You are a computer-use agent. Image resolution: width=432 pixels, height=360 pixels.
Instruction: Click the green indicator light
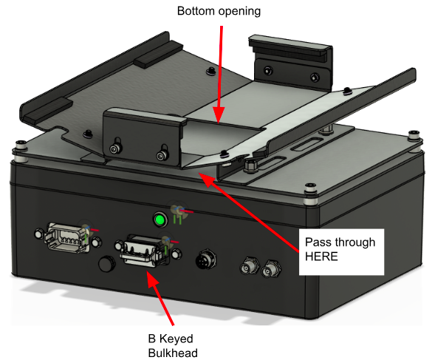coord(160,220)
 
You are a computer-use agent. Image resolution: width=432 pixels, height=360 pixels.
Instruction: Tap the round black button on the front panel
coord(107,263)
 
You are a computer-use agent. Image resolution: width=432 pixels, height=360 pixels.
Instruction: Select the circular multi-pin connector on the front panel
coord(205,260)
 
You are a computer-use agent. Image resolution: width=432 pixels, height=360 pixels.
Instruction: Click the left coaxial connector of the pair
coord(250,267)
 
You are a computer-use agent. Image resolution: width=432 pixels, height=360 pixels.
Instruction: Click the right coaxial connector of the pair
coord(270,269)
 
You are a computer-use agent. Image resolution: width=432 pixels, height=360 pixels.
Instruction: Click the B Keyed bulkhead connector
coord(148,251)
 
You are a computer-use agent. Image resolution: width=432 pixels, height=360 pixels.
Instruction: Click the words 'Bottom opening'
coord(219,12)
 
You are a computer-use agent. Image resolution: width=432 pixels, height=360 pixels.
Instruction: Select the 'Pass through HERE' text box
coord(341,252)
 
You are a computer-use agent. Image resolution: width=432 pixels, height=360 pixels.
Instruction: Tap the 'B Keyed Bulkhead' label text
coord(173,346)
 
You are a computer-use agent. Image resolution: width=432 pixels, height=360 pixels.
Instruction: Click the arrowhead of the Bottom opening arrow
coord(219,115)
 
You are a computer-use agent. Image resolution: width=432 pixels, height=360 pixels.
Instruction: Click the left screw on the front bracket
coord(114,149)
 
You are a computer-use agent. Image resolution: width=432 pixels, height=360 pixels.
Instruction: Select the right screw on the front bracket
coord(161,156)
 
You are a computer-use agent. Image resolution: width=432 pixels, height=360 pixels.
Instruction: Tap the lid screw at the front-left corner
coord(21,145)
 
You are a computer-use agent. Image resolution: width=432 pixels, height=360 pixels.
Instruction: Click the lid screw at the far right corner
coord(414,136)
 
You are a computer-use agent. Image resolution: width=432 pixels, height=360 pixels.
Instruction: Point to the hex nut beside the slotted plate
coord(250,165)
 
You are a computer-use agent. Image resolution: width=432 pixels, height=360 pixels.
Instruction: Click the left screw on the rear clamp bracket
coord(268,70)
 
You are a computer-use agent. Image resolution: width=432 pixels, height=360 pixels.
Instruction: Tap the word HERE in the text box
coord(321,257)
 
